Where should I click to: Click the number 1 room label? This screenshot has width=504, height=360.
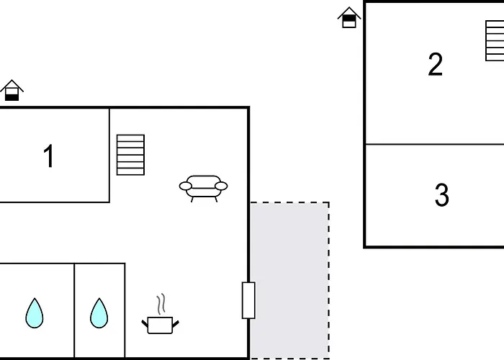tap(49, 156)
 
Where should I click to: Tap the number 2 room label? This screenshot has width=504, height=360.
tap(435, 64)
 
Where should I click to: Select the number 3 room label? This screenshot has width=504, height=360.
tap(441, 194)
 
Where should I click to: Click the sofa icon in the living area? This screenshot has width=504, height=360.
tap(204, 189)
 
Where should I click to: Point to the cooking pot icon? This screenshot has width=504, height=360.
tap(160, 325)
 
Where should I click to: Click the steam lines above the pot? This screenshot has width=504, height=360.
tap(161, 304)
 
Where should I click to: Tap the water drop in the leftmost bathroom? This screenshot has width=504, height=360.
tap(35, 313)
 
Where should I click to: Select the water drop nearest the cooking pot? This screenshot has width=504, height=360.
tap(99, 313)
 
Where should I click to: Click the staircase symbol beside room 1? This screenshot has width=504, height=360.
tap(130, 155)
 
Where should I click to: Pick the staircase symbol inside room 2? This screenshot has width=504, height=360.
tap(495, 41)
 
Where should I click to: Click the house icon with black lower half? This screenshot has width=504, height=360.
tap(12, 90)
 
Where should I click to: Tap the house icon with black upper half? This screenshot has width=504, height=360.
tap(349, 18)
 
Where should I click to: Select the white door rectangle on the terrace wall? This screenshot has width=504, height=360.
tap(248, 300)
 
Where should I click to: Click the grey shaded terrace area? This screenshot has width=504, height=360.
tap(289, 280)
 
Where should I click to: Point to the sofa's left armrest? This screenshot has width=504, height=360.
tap(186, 186)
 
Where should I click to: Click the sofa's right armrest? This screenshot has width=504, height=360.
tap(221, 186)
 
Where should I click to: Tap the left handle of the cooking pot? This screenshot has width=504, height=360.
tap(145, 323)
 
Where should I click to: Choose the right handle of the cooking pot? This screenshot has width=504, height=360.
tap(176, 324)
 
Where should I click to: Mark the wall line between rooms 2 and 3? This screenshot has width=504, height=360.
tap(435, 144)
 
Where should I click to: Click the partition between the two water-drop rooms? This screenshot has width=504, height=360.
tap(74, 310)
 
